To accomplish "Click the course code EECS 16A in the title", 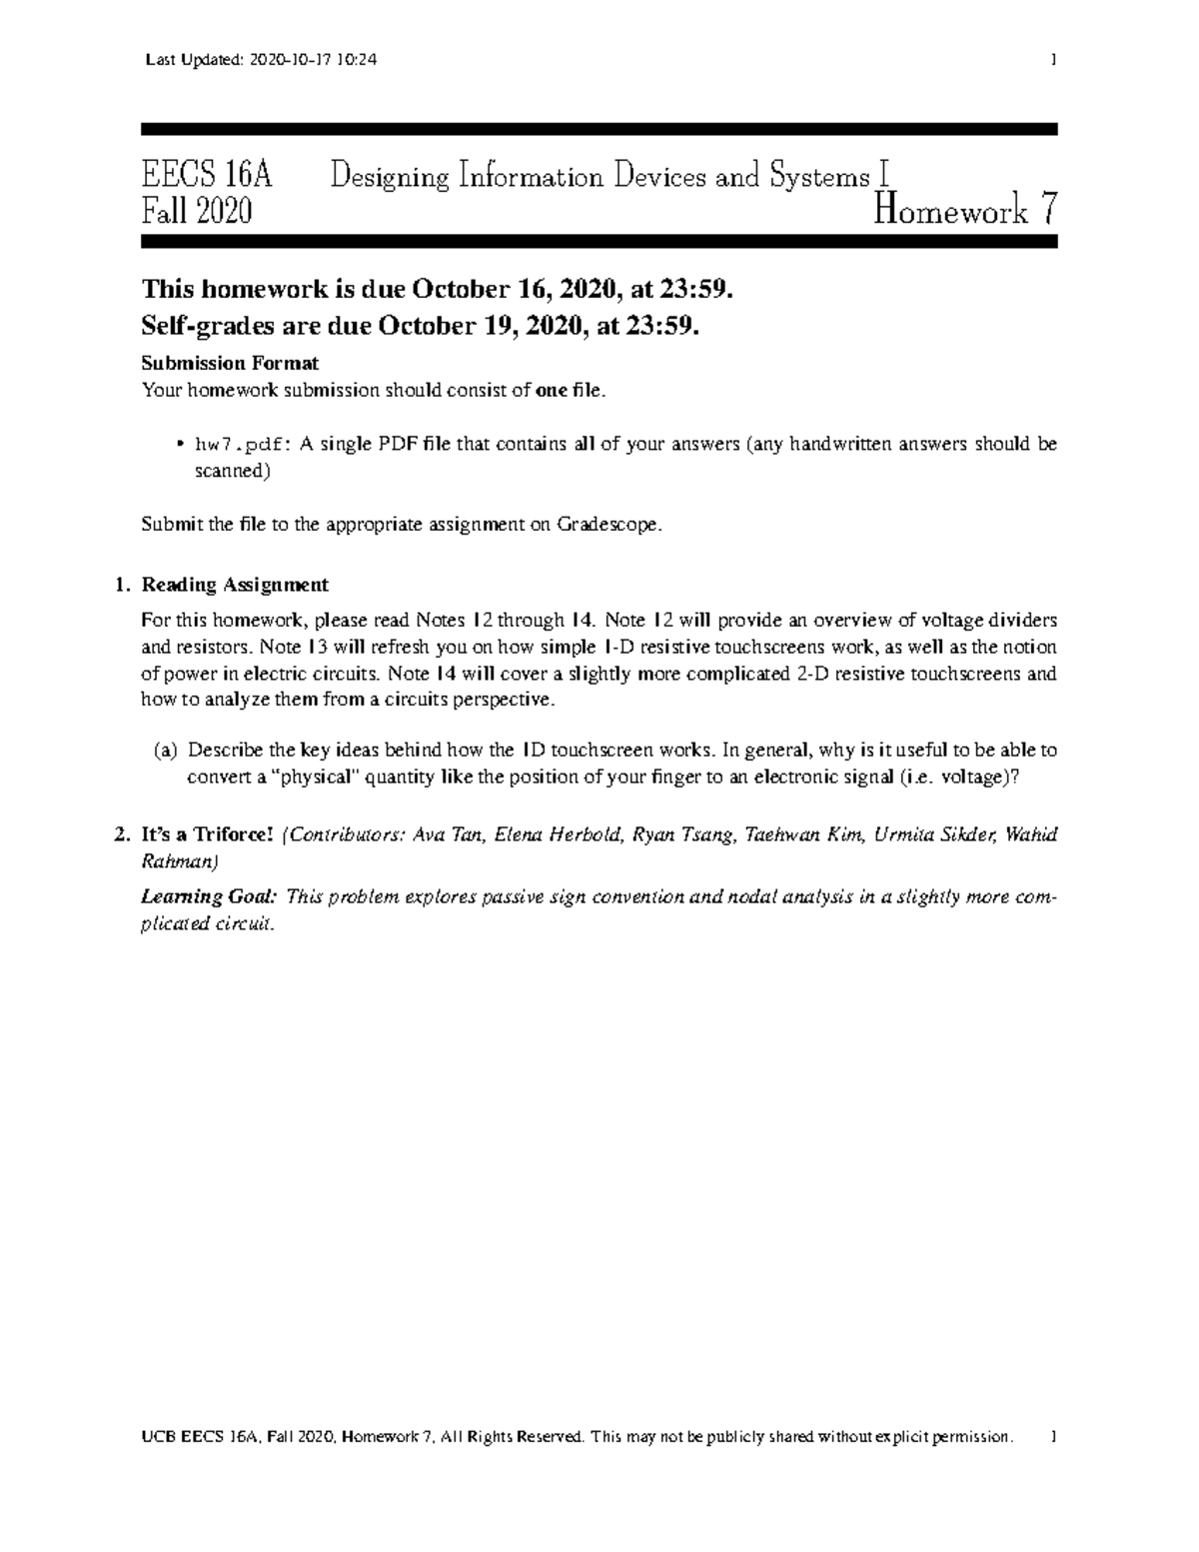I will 207,178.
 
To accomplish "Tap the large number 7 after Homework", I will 1046,211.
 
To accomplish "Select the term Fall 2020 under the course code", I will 197,212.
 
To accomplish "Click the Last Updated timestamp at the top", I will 261,60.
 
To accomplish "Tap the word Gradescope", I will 608,525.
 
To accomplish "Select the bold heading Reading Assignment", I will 235,585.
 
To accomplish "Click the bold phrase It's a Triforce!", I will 207,835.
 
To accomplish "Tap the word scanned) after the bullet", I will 232,472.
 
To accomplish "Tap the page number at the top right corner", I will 1052,60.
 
